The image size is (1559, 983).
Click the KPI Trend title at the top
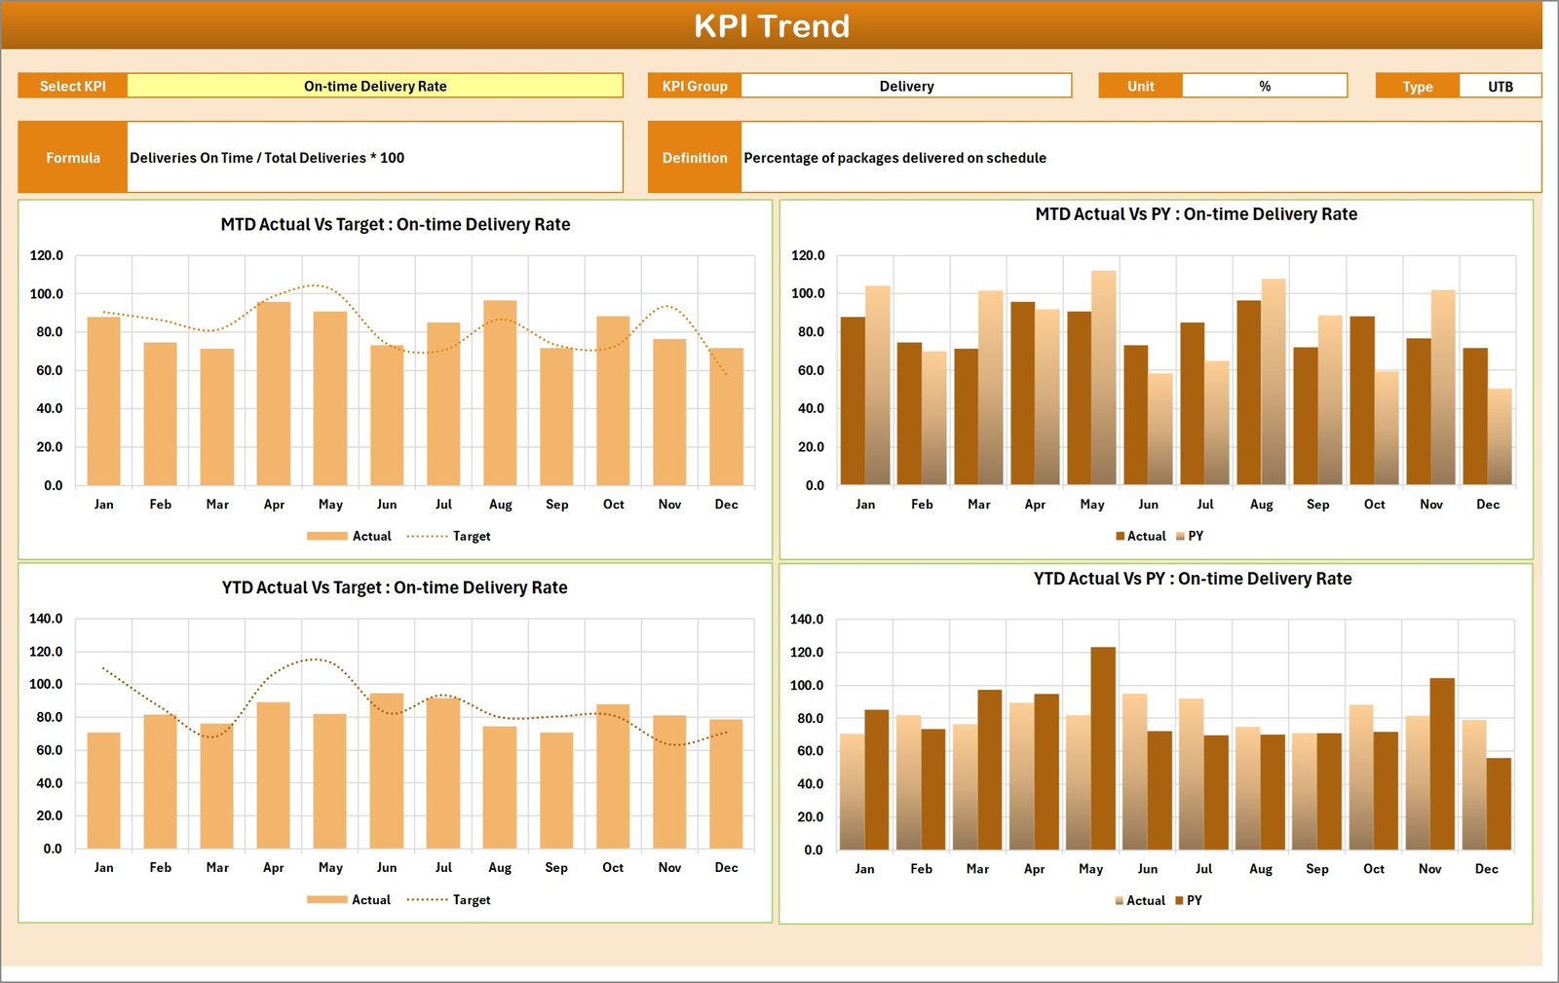coord(771,26)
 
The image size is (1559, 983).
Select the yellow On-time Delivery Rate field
coord(375,86)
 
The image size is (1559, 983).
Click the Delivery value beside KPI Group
coord(906,86)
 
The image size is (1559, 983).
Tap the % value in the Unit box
coord(1264,86)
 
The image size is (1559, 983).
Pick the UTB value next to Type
coord(1500,87)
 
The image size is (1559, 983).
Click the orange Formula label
coord(73,158)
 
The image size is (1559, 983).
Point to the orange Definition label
coord(695,158)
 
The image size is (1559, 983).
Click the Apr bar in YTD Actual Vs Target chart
coord(274,775)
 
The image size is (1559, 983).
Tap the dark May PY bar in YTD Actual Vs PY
coord(1103,748)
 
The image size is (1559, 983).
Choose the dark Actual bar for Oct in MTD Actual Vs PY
coord(1362,400)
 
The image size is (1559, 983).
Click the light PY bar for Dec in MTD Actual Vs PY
coord(1500,436)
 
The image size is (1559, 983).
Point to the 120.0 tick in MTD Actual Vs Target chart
coord(46,255)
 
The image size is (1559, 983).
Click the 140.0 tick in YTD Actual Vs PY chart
coord(807,619)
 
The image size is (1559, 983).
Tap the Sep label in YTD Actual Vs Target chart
coord(556,867)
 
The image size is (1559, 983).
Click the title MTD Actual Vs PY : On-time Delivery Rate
coord(1196,214)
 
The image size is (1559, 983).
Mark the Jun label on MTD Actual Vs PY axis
coord(1149,504)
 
